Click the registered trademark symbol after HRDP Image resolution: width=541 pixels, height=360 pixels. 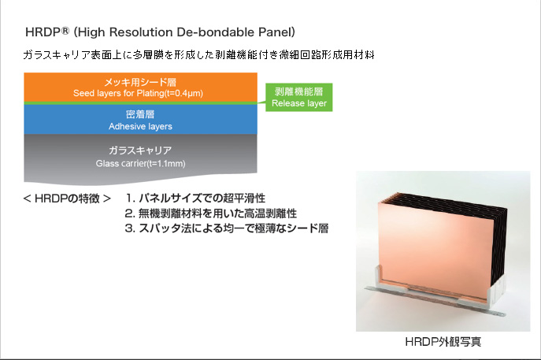(65, 31)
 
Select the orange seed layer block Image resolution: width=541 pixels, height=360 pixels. (140, 87)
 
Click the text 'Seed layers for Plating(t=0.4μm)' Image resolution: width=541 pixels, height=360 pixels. (138, 93)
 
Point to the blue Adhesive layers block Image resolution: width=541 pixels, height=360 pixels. (140, 120)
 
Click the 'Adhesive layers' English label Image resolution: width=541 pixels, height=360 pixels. (140, 127)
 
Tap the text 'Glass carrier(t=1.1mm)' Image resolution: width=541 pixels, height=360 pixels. (140, 163)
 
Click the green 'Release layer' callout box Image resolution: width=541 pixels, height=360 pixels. (298, 98)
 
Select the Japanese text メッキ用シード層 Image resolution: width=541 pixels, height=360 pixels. (140, 82)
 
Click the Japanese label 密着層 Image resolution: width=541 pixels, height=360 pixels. (140, 114)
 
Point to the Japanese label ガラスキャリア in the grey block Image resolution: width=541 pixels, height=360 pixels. (140, 150)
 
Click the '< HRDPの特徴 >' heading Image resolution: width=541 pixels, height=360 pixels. (67, 199)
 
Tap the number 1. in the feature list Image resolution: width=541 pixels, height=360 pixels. (130, 199)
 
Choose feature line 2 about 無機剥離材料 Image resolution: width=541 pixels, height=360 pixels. (210, 213)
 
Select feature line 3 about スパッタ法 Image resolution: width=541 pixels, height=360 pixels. (226, 228)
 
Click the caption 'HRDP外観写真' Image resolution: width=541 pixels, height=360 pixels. (443, 342)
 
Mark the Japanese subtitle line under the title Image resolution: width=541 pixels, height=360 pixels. (198, 55)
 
